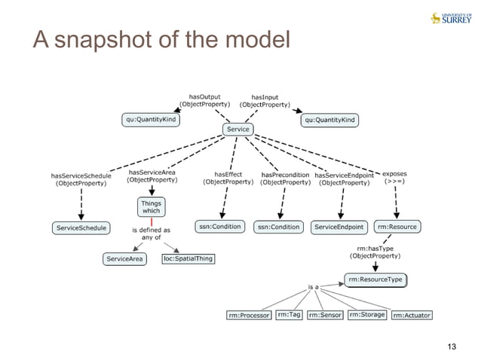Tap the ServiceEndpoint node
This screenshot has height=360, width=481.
pos(339,227)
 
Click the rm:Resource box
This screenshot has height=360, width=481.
pos(397,226)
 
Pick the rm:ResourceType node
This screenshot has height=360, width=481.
pos(375,280)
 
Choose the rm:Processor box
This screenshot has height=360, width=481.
pos(249,315)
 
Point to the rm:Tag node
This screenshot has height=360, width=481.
pos(289,314)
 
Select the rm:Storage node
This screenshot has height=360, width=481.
pos(366,314)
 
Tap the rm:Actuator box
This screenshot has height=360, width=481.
pos(412,315)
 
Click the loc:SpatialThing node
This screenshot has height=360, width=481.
pos(188,259)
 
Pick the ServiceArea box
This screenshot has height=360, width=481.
pos(124,259)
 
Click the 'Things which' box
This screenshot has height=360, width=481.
pos(150,207)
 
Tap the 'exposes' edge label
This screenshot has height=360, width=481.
pos(395,177)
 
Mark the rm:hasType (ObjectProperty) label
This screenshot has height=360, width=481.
pos(374,252)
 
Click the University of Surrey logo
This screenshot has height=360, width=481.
pos(450,18)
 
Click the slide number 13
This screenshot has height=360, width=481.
pos(452,346)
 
